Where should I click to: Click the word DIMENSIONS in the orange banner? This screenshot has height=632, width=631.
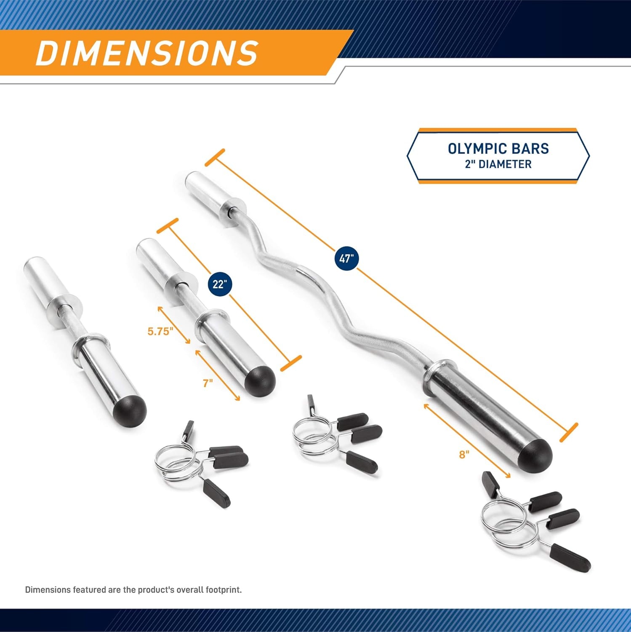pyautogui.click(x=146, y=53)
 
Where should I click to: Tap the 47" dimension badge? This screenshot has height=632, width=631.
pyautogui.click(x=346, y=259)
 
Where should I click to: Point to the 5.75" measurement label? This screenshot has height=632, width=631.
pyautogui.click(x=160, y=331)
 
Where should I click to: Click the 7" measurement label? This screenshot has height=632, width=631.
pyautogui.click(x=208, y=383)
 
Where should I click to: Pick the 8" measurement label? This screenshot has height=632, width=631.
pyautogui.click(x=464, y=455)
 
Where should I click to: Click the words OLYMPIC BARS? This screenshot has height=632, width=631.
pyautogui.click(x=498, y=149)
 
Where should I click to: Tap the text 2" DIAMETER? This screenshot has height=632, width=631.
pyautogui.click(x=498, y=164)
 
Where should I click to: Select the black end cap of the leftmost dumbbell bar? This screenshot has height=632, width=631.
pyautogui.click(x=130, y=410)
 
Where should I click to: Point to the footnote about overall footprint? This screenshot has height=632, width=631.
pyautogui.click(x=133, y=589)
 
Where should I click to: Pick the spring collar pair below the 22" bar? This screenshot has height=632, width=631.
pyautogui.click(x=335, y=434)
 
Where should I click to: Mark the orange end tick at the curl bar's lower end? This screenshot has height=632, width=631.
pyautogui.click(x=568, y=433)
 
